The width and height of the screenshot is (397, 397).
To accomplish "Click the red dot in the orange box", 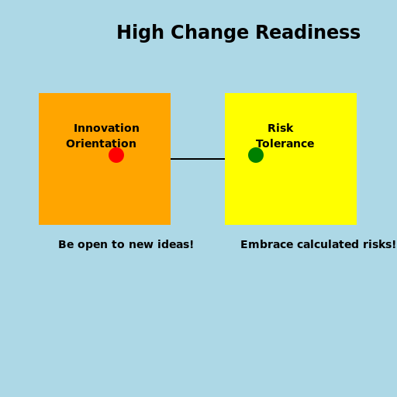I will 116,155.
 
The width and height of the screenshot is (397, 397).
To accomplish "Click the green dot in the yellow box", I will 256,155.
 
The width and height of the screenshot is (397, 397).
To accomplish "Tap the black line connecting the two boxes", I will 198,159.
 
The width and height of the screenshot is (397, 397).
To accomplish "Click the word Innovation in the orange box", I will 106,129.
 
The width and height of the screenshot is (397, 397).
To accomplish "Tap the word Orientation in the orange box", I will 101,144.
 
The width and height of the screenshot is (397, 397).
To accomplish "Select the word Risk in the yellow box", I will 280,129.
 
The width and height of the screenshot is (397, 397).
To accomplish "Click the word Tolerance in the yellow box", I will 285,144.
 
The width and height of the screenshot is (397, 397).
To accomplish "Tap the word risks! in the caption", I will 381,245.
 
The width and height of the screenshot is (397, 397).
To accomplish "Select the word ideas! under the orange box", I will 176,245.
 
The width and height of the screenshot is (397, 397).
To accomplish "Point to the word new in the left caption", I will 142,245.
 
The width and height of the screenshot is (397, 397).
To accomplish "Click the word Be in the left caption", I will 66,245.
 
